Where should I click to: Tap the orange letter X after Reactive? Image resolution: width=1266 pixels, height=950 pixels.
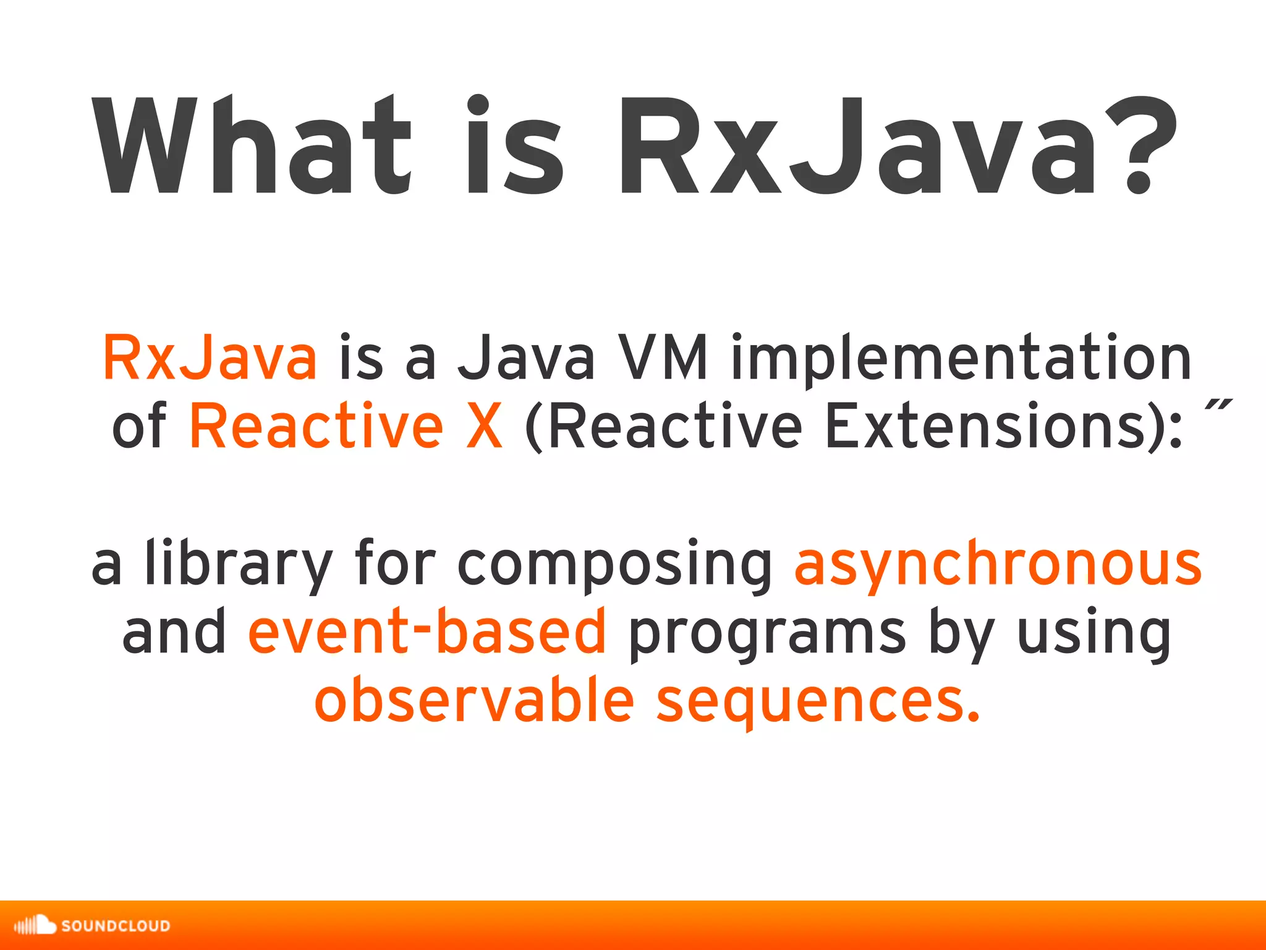pyautogui.click(x=484, y=427)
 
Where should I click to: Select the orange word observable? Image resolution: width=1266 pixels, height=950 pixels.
pyautogui.click(x=474, y=701)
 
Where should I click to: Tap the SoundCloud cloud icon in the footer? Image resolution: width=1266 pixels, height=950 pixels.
pyautogui.click(x=36, y=925)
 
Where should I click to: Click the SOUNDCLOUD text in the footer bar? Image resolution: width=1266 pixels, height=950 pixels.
pyautogui.click(x=116, y=926)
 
